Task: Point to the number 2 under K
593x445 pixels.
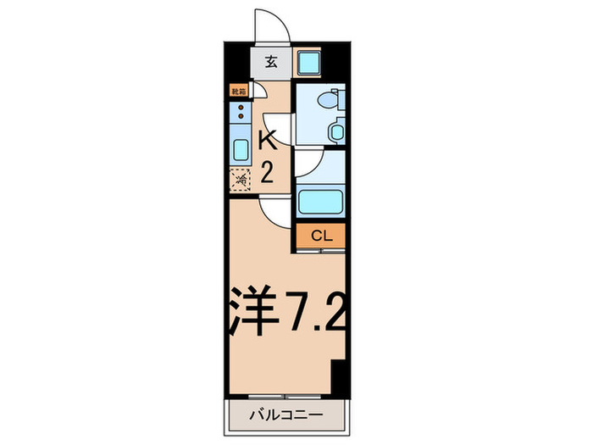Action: pyautogui.click(x=266, y=173)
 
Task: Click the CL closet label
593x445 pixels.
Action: pyautogui.click(x=320, y=236)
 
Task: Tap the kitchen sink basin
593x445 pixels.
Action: pyautogui.click(x=240, y=152)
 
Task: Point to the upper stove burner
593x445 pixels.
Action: pyautogui.click(x=241, y=108)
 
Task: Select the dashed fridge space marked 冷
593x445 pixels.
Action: pyautogui.click(x=241, y=179)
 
